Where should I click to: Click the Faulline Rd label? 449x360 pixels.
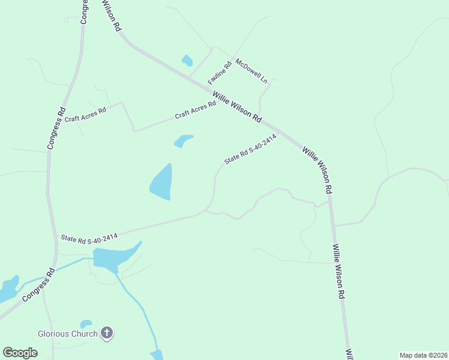coord(220,73)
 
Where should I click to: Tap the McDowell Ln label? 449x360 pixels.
coord(251,69)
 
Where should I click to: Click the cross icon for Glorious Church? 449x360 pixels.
coord(107,332)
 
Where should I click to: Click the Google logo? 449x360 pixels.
coord(20,352)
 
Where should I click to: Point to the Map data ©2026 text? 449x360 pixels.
coord(423,355)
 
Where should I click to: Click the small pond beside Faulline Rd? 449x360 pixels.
coord(187,60)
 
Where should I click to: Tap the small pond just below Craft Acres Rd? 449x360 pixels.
coord(182,141)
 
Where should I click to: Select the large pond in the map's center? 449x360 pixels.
coord(162,182)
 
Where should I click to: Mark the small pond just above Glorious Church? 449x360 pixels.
coord(86,324)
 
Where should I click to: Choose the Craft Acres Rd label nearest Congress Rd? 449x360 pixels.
coord(85,114)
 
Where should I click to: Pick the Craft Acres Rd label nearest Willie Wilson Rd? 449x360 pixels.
coord(195,110)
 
